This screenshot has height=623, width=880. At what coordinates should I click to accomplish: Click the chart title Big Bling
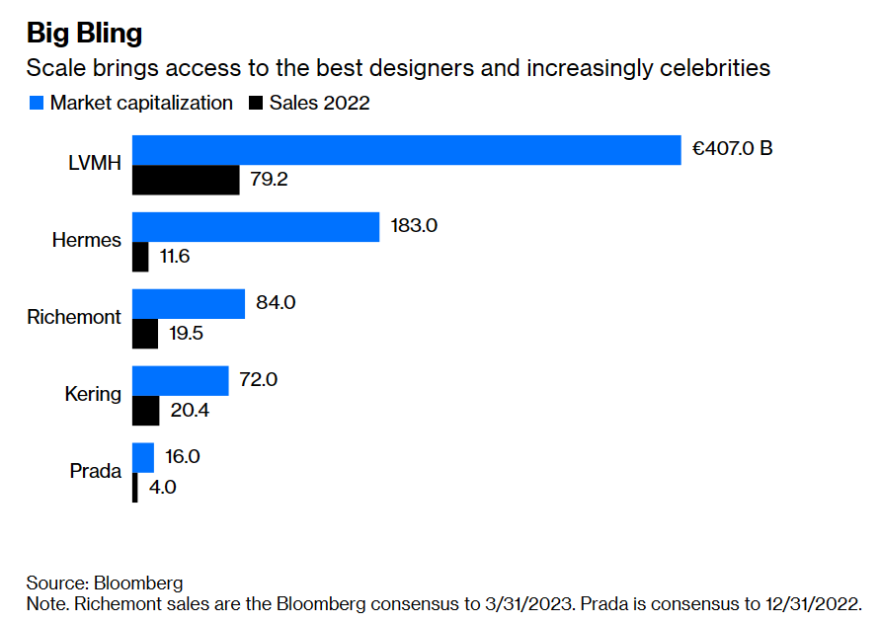[x=84, y=33]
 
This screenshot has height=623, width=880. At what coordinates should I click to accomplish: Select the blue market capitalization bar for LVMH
[x=406, y=150]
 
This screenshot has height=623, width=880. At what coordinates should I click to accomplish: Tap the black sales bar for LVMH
[x=186, y=181]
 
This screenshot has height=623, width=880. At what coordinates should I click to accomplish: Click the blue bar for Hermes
[x=256, y=226]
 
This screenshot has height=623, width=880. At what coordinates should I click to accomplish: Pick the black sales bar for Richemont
[x=145, y=334]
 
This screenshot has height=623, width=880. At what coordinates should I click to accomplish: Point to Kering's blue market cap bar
[x=180, y=380]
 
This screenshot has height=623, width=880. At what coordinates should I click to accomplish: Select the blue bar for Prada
[x=143, y=457]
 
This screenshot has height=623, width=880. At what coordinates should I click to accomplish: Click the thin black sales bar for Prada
[x=135, y=488]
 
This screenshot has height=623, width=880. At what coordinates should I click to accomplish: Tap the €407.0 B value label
[x=732, y=150]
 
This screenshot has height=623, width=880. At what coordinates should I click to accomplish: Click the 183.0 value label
[x=413, y=226]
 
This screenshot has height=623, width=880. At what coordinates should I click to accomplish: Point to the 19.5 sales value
[x=187, y=334]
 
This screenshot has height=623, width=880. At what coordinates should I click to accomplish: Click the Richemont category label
[x=74, y=318]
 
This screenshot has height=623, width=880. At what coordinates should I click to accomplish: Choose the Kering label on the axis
[x=93, y=395]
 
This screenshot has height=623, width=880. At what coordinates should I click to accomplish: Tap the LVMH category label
[x=94, y=165]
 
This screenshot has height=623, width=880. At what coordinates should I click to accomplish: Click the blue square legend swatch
[x=37, y=103]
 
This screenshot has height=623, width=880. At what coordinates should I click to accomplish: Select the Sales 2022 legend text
[x=319, y=103]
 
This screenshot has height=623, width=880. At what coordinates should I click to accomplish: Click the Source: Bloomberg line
[x=105, y=583]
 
